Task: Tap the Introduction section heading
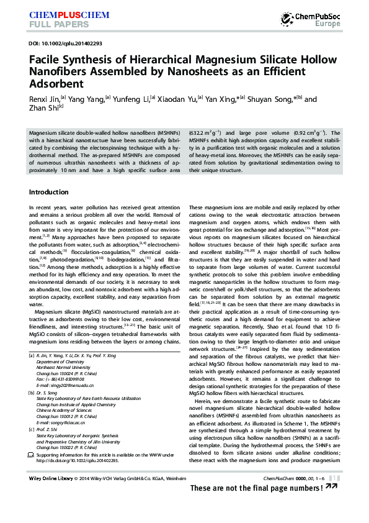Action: (49, 192)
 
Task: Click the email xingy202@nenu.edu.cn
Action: (62, 386)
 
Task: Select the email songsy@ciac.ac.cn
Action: (60, 422)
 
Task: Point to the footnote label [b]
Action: (32, 393)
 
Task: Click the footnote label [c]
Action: (32, 429)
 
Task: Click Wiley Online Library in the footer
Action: (50, 478)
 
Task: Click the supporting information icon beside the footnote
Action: (32, 455)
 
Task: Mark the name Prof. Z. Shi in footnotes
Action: (49, 429)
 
